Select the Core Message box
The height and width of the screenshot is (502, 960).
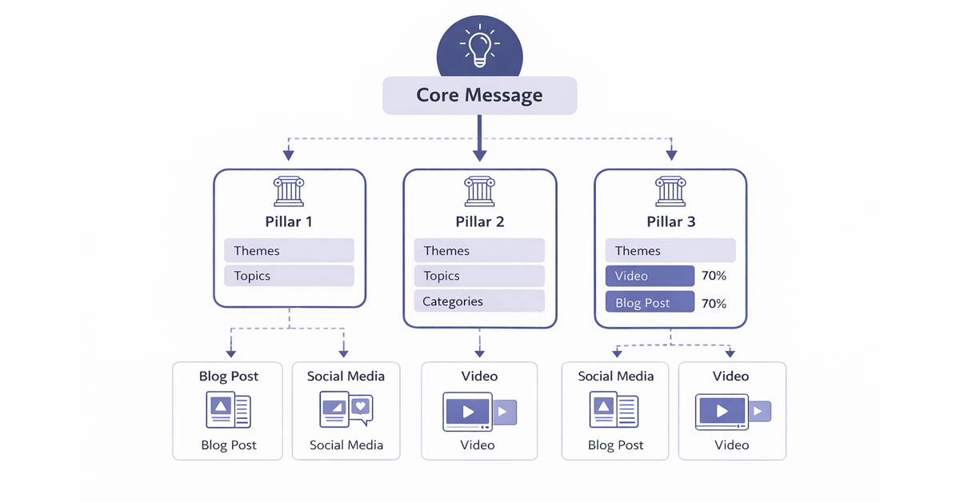[x=479, y=96]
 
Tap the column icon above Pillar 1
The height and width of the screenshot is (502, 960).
[x=289, y=192]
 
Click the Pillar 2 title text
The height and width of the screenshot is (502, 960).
[x=479, y=221]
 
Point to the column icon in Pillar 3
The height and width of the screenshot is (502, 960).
[x=670, y=192]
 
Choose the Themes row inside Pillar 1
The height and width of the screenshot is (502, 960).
[x=289, y=251]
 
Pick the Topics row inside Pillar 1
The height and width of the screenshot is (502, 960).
[x=289, y=277]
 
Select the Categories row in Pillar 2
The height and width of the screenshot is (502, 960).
[x=479, y=301]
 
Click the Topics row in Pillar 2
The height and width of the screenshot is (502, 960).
[x=479, y=277]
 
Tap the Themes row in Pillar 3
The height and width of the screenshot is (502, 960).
[x=670, y=251]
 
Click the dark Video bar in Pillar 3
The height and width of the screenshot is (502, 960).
[x=650, y=277]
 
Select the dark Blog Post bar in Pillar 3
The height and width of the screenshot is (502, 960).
[x=650, y=304]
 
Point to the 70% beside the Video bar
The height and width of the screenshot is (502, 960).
[x=714, y=277]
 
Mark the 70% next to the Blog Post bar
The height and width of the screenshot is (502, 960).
[x=714, y=304]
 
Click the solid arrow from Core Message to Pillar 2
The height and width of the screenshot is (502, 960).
[x=479, y=140]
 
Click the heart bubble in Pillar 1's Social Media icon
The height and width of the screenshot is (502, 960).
[x=361, y=406]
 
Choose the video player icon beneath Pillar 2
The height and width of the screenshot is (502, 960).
[x=478, y=412]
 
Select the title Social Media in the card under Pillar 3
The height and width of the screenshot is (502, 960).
[x=615, y=376]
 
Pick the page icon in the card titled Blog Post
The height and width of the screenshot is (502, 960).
[x=228, y=410]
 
